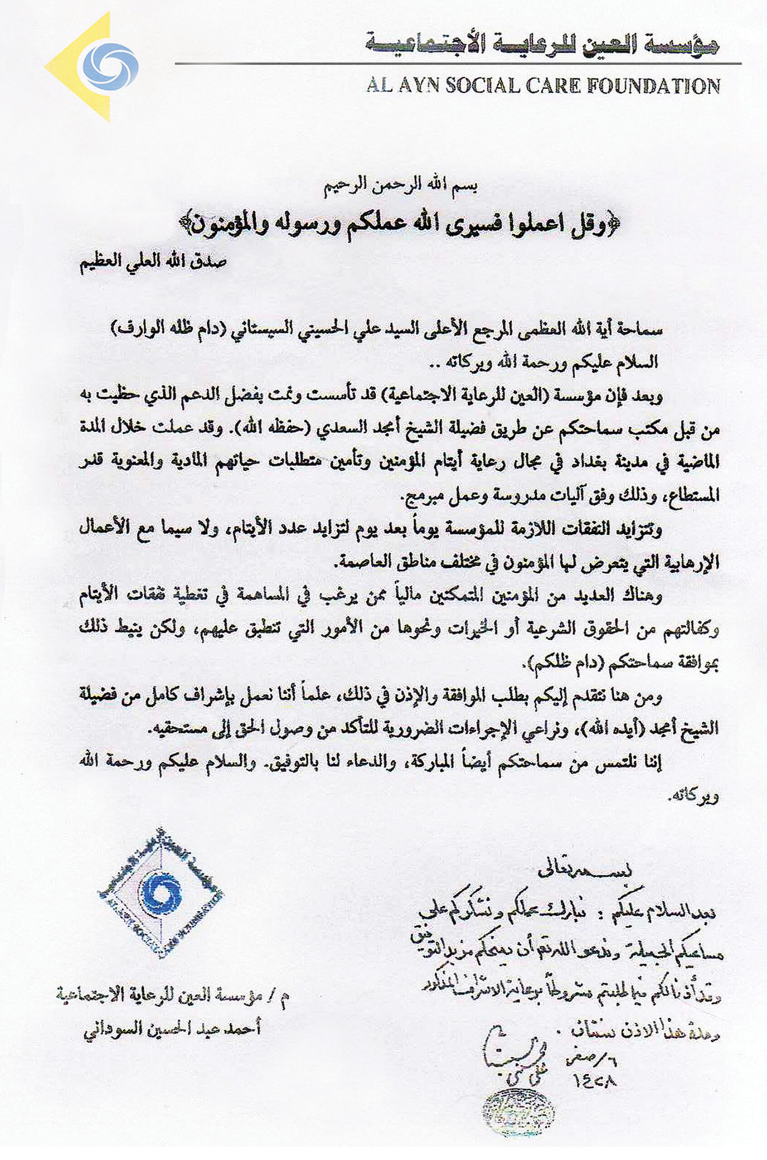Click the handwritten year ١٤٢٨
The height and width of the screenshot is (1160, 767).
point(593,1079)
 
